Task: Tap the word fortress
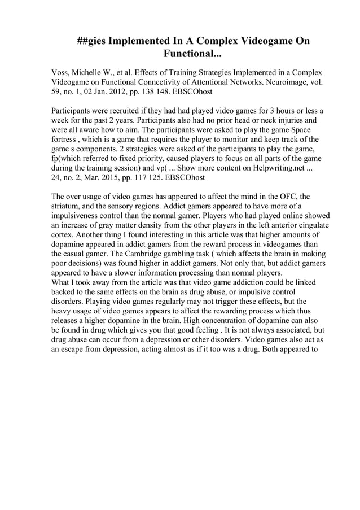67,140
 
